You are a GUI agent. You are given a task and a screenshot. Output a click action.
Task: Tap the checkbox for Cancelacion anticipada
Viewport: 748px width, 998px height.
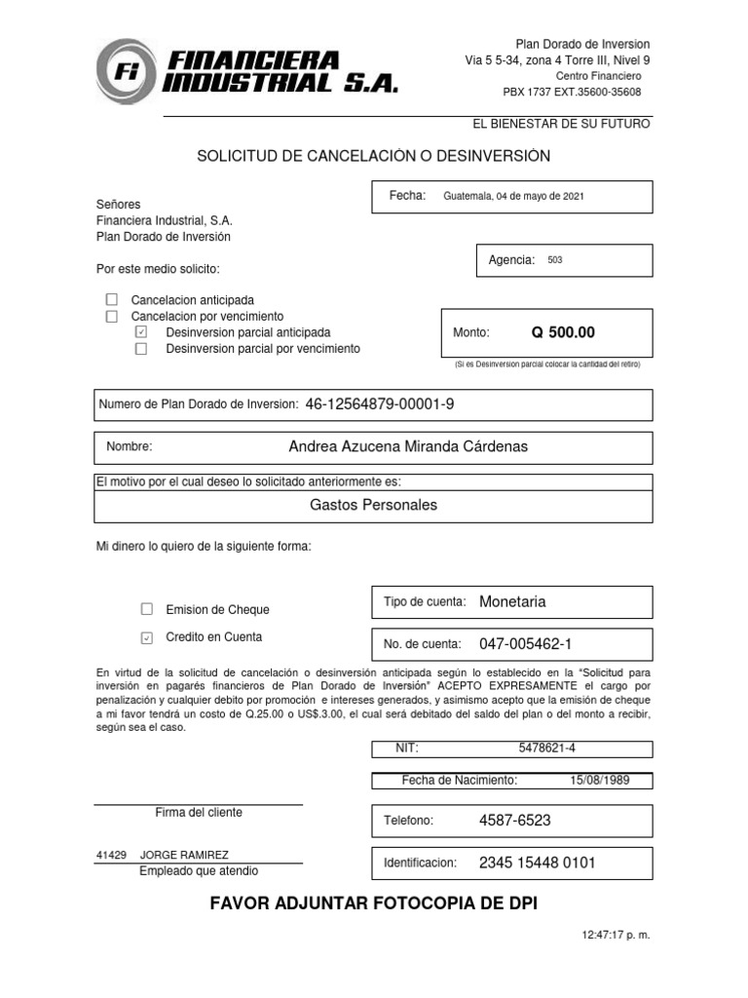click(x=111, y=300)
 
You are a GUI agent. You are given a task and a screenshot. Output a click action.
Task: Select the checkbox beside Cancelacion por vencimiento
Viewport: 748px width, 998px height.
click(x=111, y=317)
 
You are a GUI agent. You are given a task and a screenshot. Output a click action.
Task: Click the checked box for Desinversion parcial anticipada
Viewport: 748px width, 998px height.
click(x=141, y=332)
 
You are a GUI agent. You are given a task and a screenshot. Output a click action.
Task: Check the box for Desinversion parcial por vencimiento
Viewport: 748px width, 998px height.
click(x=141, y=349)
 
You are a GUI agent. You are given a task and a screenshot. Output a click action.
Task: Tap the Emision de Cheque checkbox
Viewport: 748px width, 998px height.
click(x=147, y=609)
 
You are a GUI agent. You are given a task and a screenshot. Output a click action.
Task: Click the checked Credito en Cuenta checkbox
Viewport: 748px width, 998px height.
click(x=147, y=637)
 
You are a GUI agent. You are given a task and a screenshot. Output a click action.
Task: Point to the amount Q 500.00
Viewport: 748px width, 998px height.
click(x=562, y=333)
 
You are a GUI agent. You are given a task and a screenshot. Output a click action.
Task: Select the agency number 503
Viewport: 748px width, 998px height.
click(x=555, y=260)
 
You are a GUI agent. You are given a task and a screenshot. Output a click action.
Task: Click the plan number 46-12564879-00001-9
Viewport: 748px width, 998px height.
click(x=380, y=403)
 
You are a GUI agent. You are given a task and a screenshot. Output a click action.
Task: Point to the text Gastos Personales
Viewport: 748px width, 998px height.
click(x=373, y=505)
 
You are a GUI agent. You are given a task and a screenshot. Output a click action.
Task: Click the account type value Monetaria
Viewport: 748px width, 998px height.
click(x=512, y=601)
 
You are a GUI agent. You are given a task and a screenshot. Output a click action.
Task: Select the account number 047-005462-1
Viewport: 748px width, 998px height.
click(x=526, y=644)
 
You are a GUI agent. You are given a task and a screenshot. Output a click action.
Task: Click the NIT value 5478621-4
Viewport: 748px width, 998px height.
click(x=553, y=748)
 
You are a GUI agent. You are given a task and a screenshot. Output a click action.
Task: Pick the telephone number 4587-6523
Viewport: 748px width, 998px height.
click(x=514, y=821)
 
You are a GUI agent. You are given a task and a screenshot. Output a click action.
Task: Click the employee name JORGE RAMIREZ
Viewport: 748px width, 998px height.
click(x=185, y=854)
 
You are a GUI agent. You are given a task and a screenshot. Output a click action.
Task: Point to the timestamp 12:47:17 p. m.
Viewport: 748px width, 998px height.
click(x=616, y=935)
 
